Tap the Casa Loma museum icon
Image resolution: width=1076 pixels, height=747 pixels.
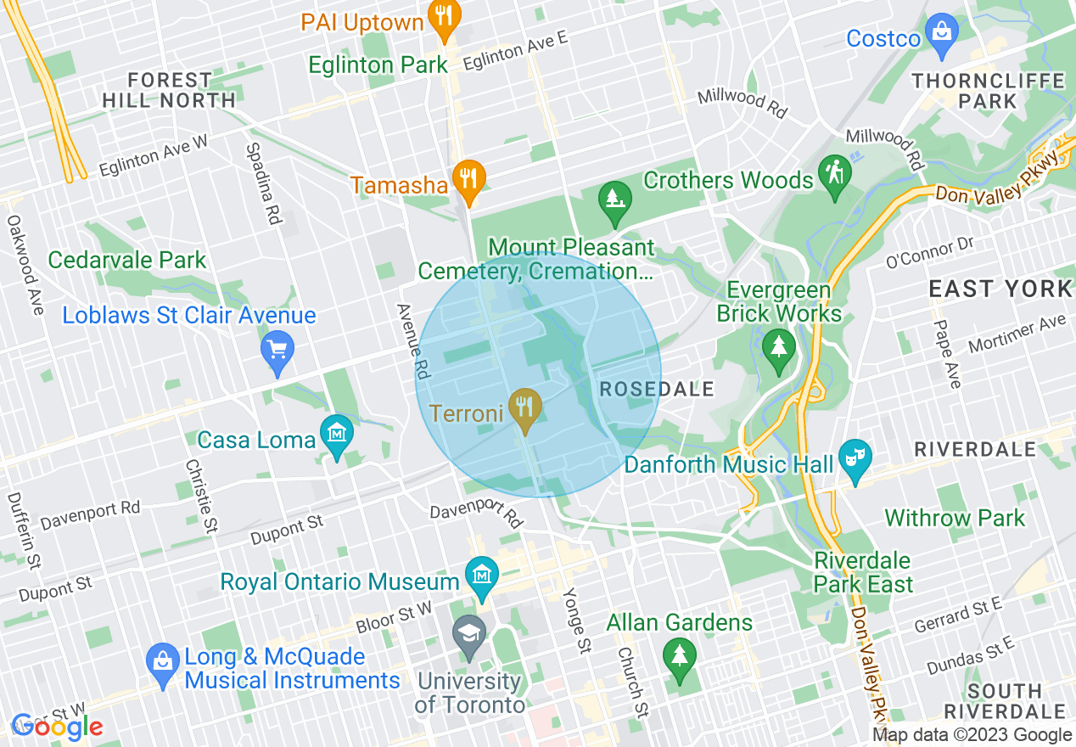pos(337,434)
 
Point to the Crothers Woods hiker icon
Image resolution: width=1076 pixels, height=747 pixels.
pos(834,175)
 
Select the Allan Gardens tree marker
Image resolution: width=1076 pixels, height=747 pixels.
pos(679,657)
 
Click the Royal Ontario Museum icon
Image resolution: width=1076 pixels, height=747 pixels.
pos(482,576)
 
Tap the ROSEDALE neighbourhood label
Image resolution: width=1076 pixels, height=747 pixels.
pos(657,390)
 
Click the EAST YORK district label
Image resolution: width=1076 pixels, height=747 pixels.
pos(1000,289)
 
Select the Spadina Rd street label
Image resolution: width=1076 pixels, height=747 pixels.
pos(263,183)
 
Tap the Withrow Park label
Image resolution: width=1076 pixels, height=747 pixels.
pos(955,518)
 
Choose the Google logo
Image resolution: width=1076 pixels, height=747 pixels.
pos(57,726)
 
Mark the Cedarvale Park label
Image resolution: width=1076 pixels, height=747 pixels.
pos(127,260)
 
